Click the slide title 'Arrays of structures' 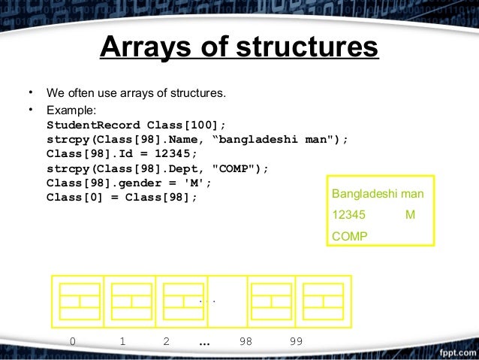pyautogui.click(x=239, y=48)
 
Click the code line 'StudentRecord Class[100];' pyautogui.click(x=136, y=125)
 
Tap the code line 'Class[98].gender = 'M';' pyautogui.click(x=129, y=183)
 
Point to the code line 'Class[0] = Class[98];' pyautogui.click(x=122, y=197)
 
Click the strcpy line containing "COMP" pyautogui.click(x=157, y=168)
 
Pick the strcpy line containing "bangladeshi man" pyautogui.click(x=197, y=139)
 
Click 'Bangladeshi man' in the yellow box pyautogui.click(x=378, y=194)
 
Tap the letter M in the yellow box pyautogui.click(x=410, y=215)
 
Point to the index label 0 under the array pyautogui.click(x=72, y=341)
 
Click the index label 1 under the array pyautogui.click(x=122, y=341)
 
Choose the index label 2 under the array pyautogui.click(x=166, y=341)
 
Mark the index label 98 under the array pyautogui.click(x=246, y=341)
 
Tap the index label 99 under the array pyautogui.click(x=296, y=341)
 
